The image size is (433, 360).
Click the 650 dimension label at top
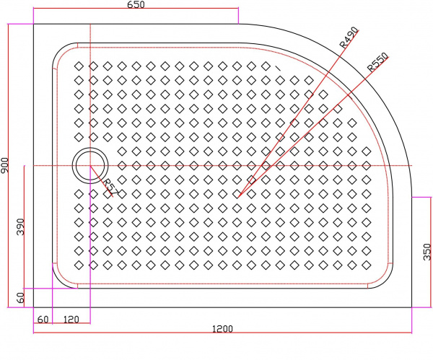[x=136, y=5]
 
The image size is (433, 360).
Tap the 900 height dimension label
[x=5, y=165]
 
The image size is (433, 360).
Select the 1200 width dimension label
[x=222, y=329]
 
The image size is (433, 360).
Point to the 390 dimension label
[x=21, y=227]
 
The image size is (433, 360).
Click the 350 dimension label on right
[x=427, y=252]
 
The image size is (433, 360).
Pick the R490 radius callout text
[x=349, y=38]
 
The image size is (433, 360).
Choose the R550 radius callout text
[x=377, y=63]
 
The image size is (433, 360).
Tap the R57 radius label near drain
[x=111, y=187]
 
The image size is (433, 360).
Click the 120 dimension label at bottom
[x=71, y=320]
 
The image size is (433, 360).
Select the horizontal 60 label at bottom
[x=43, y=320]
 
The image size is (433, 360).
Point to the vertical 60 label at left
[x=21, y=298]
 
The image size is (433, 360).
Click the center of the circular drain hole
[x=90, y=166]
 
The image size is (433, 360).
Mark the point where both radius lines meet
[x=238, y=197]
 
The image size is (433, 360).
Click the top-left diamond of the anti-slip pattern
[x=79, y=66]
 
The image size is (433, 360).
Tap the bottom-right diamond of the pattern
[x=367, y=265]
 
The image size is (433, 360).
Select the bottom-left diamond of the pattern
[x=79, y=265]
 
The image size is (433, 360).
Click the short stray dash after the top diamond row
[x=278, y=68]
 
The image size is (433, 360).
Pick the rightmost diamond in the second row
[x=309, y=81]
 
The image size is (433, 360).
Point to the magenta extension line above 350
[x=421, y=197]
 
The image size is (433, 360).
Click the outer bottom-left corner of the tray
[x=33, y=307]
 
